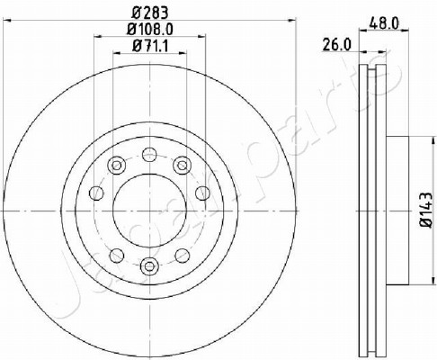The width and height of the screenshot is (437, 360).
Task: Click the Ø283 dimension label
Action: pyautogui.click(x=150, y=13)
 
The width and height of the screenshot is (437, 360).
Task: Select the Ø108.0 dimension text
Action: pyautogui.click(x=150, y=30)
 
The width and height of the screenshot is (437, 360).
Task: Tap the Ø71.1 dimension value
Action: pyautogui.click(x=150, y=46)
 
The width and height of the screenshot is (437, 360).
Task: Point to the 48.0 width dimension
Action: pyautogui.click(x=384, y=23)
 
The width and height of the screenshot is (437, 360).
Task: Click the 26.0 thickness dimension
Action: pyautogui.click(x=336, y=45)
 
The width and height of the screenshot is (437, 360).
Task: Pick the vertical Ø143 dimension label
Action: pyautogui.click(x=426, y=209)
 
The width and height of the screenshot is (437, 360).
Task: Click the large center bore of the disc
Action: pyautogui.click(x=149, y=211)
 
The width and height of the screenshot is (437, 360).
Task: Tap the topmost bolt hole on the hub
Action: pyautogui.click(x=149, y=155)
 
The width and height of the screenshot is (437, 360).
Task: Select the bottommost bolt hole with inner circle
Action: pyautogui.click(x=149, y=266)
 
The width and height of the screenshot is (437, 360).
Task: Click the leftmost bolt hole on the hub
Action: pyautogui.click(x=96, y=193)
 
